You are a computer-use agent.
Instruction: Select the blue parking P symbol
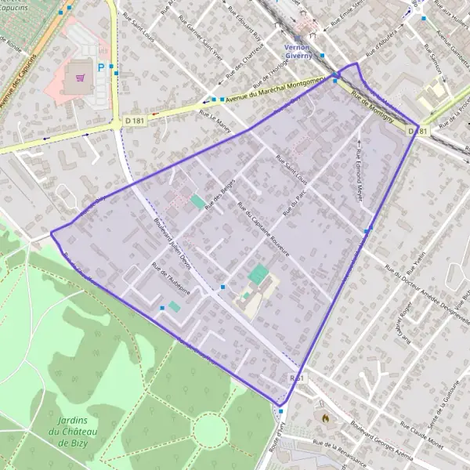click(101, 68)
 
